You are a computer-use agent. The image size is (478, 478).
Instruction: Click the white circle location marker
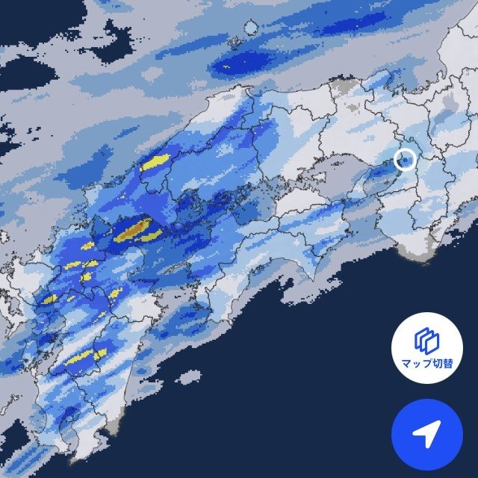pos(404,159)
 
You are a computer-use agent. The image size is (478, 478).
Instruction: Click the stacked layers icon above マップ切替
pos(423,341)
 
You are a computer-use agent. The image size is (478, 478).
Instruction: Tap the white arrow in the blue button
pos(426,434)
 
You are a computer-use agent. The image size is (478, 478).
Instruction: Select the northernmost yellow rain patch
pos(155,162)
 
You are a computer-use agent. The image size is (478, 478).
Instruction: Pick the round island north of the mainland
pos(251,28)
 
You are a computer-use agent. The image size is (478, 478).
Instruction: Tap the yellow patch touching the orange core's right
pos(152,236)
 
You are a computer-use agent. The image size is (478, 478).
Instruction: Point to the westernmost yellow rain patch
pos(49,299)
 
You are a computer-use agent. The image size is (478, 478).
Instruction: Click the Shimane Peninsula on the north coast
pos(238,96)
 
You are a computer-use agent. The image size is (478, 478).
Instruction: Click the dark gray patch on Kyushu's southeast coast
pos(113,426)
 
